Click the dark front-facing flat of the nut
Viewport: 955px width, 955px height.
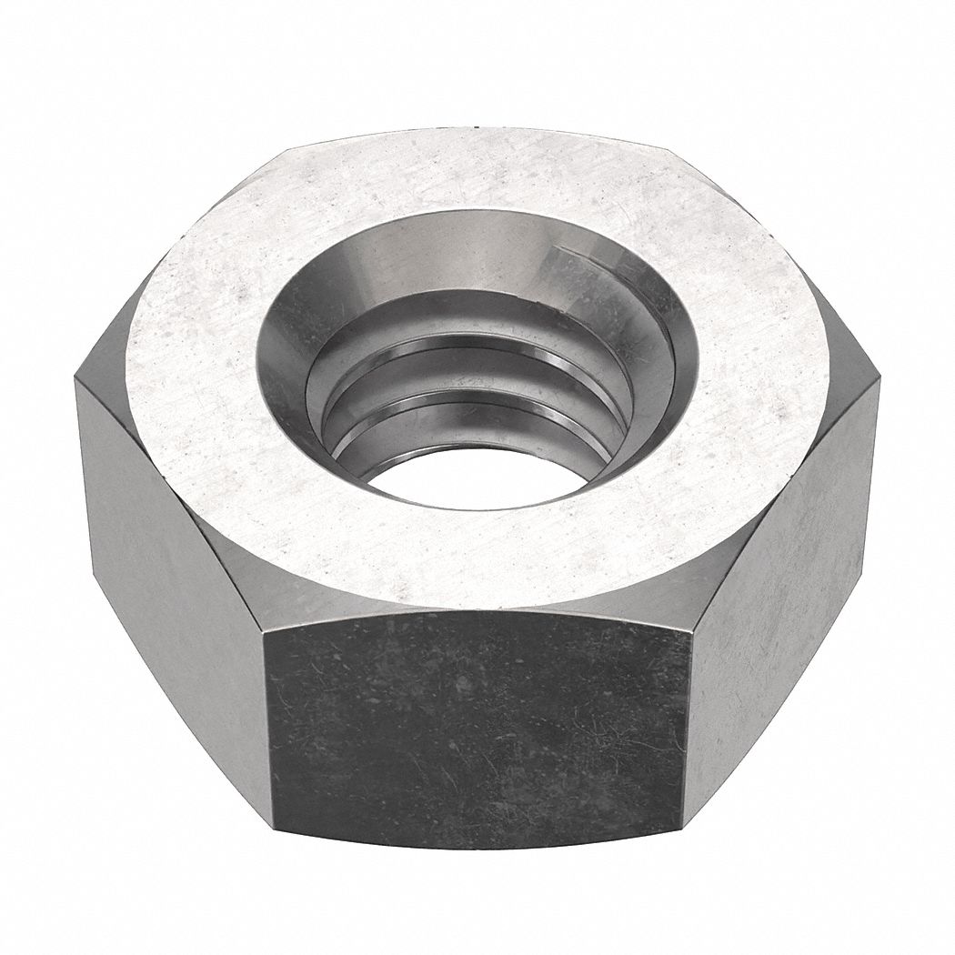[x=477, y=728]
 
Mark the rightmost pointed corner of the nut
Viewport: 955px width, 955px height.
[x=880, y=382]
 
